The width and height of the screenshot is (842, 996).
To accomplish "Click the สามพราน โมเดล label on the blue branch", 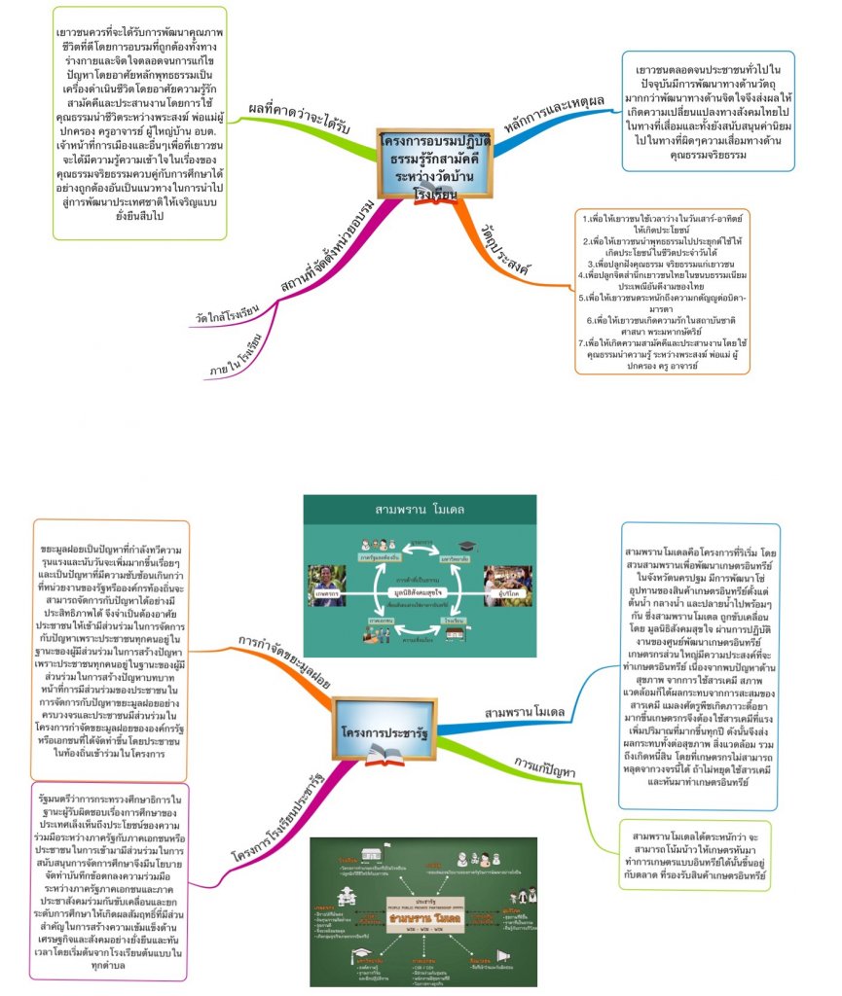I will point(524,712).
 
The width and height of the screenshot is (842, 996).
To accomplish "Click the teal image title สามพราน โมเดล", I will point(419,510).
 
